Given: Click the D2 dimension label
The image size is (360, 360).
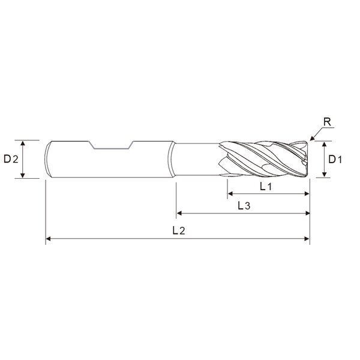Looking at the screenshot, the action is click(11, 159).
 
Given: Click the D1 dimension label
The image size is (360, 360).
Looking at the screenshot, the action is click(335, 160).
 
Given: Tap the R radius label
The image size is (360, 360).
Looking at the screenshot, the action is click(327, 122).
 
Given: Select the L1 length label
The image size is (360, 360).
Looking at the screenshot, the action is click(266, 187).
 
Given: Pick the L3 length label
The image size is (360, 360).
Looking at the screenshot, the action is click(244, 206).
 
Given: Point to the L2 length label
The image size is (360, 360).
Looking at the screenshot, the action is click(179, 230).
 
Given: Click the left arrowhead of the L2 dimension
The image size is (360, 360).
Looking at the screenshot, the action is click(48, 239).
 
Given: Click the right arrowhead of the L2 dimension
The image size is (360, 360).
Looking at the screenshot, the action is click(307, 239).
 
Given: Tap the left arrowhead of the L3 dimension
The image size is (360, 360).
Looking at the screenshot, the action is click(179, 213).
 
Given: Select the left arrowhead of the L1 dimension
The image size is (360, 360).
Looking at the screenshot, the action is click(230, 194).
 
